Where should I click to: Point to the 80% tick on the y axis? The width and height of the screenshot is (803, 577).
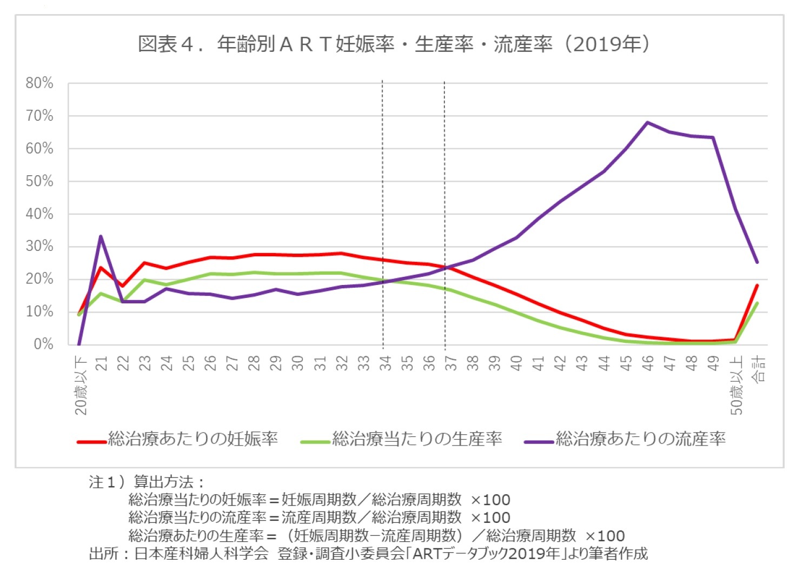coord(39,83)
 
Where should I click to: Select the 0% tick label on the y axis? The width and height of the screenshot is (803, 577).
coord(43,344)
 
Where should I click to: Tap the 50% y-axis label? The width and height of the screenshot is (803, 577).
coord(39,181)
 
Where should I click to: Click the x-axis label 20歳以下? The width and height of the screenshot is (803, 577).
coord(81,385)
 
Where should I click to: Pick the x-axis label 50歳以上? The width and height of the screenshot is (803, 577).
coord(736,385)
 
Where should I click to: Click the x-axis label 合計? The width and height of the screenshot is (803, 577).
coord(759,369)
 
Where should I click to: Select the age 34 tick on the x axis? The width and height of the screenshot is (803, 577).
coord(385,363)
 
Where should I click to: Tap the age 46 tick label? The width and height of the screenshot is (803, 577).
coord(647,363)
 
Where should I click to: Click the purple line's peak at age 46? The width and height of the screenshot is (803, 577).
coord(647,122)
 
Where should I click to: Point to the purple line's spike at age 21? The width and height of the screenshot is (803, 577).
coord(101,236)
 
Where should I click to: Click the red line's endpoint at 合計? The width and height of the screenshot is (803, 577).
coord(757,285)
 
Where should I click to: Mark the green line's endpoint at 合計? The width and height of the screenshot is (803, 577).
coord(757,303)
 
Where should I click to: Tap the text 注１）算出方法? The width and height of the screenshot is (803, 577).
coord(146,481)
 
